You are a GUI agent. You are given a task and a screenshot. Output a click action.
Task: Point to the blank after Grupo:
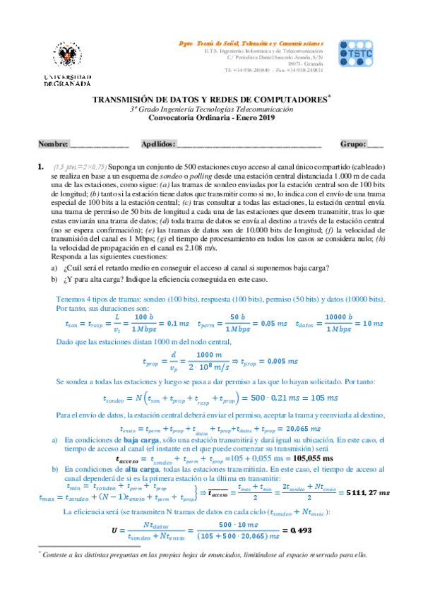click(x=376, y=144)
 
